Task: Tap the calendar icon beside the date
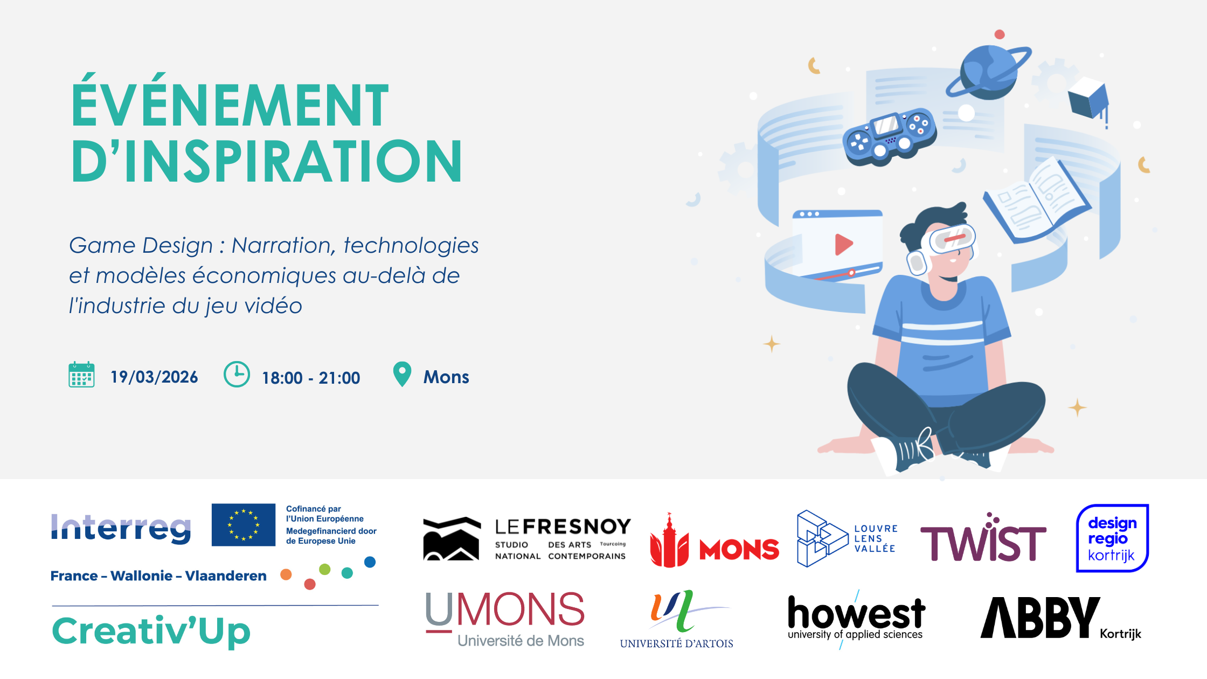click(x=81, y=375)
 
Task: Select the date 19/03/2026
click(x=154, y=377)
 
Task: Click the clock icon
click(x=237, y=374)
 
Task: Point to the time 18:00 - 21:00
click(x=311, y=378)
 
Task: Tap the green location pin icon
click(x=402, y=373)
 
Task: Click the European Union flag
click(x=244, y=525)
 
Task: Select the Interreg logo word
click(x=121, y=528)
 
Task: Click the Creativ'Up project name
click(x=151, y=631)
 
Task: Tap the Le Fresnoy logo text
click(x=563, y=539)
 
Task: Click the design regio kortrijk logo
click(x=1112, y=538)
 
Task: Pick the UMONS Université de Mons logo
click(x=505, y=619)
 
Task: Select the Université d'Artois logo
click(x=677, y=620)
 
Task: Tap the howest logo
click(x=856, y=619)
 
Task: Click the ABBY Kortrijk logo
click(x=1060, y=618)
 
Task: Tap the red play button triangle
click(x=843, y=244)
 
